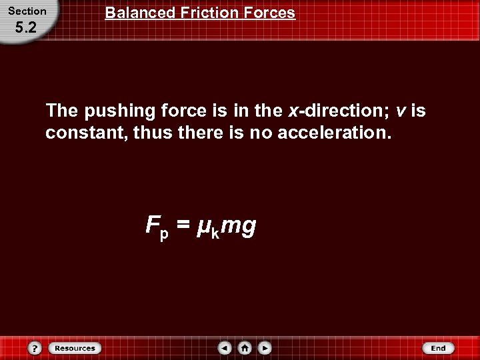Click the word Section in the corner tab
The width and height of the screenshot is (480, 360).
(27, 11)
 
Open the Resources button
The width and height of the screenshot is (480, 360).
(74, 348)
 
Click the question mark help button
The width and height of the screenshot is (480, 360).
(35, 348)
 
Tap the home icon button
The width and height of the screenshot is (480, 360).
(245, 348)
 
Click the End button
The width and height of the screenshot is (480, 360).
(438, 348)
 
